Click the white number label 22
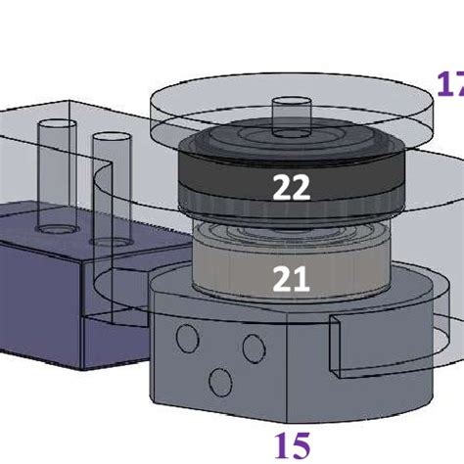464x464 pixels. coord(291,187)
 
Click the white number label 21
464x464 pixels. coord(291,280)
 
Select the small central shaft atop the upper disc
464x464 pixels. coord(290,116)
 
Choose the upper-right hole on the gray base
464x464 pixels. coord(253,346)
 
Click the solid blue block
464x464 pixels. coord(49,294)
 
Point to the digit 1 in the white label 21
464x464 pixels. coord(302,280)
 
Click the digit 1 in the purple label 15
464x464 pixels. coord(283,446)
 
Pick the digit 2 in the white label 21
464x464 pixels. coord(282,280)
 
